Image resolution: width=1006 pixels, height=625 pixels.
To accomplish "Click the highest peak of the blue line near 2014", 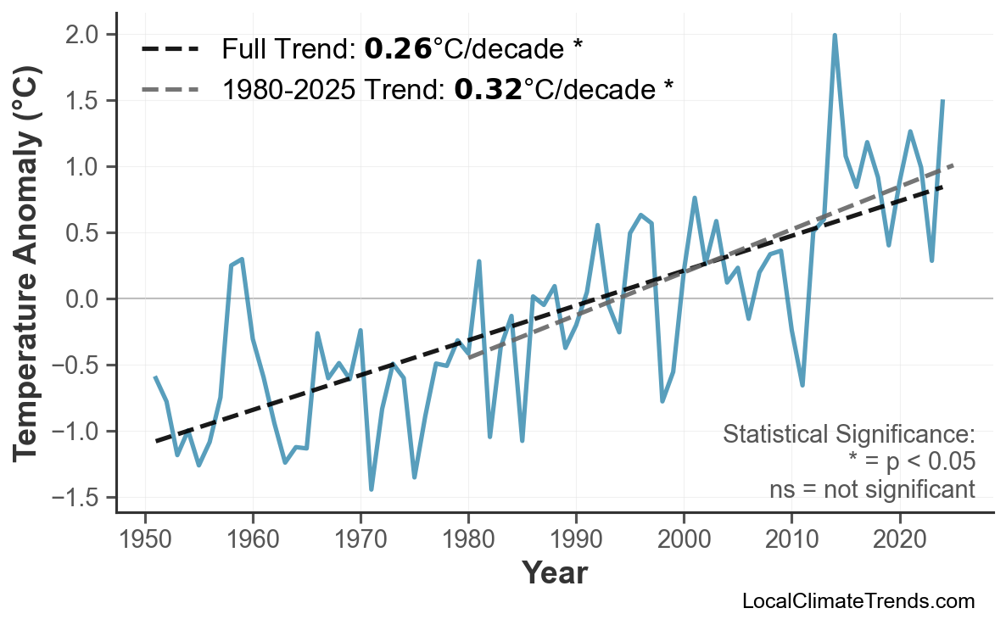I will tap(835, 36).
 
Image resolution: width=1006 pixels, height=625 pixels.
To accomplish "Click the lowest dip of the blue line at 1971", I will tap(372, 489).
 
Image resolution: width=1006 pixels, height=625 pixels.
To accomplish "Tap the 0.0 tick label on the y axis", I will tap(88, 299).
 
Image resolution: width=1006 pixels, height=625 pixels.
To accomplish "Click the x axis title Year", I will tap(554, 574).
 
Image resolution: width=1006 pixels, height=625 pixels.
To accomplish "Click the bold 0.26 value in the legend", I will tap(398, 49).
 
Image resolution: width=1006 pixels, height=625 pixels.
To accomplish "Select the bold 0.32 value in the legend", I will tap(488, 88).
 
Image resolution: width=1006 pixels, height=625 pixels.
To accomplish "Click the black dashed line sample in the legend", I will tap(170, 49).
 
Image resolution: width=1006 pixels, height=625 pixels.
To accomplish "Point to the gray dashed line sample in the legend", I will tap(170, 88).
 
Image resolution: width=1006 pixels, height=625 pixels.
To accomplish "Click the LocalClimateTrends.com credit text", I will tap(858, 601).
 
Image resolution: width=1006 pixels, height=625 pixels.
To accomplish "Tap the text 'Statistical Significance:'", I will tap(848, 435).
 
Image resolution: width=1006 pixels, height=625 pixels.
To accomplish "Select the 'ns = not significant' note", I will tap(872, 489).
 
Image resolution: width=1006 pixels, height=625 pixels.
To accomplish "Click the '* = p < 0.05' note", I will tap(911, 462).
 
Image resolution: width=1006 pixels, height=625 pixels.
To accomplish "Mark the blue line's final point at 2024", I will tap(942, 101).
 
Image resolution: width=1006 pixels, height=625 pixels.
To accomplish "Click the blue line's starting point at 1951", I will tap(155, 377).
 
